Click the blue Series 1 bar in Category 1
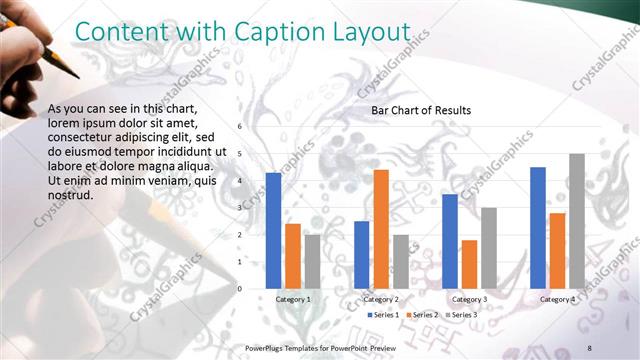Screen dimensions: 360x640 (x=273, y=230)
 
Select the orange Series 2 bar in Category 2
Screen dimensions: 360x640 (x=381, y=229)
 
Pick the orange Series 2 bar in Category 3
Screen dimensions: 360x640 (x=469, y=264)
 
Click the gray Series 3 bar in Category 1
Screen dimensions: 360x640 (x=312, y=261)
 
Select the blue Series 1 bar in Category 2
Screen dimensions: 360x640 (x=361, y=254)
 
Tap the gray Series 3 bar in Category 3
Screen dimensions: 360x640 (x=489, y=248)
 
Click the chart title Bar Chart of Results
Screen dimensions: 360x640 (x=421, y=110)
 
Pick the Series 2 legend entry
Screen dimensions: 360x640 (x=422, y=315)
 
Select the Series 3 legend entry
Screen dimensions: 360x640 (x=461, y=315)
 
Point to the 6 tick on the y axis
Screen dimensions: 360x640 (x=240, y=127)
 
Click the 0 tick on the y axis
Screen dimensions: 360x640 (x=240, y=289)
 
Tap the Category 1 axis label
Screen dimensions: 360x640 (x=293, y=299)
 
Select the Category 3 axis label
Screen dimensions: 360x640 (x=469, y=299)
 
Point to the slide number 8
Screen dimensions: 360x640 (x=589, y=347)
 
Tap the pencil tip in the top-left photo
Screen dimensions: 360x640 (x=75, y=75)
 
